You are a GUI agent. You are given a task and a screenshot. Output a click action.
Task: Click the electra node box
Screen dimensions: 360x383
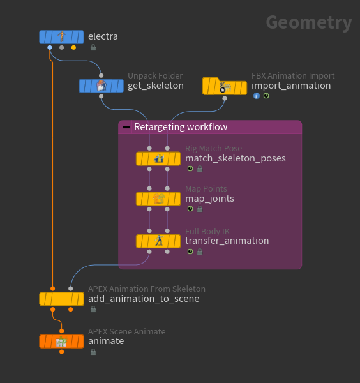pos(61,37)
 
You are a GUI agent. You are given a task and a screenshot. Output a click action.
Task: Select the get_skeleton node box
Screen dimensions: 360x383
pos(101,86)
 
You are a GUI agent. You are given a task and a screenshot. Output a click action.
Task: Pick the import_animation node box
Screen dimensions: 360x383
pos(225,86)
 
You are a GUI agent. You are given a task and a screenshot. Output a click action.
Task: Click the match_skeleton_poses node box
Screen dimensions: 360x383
pos(158,158)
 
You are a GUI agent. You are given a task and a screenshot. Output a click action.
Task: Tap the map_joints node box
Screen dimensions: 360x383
pos(158,199)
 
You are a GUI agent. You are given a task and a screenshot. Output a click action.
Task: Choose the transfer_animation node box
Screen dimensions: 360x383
pos(158,241)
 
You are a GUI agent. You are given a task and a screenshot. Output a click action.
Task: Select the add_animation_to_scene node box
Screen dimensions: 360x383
pos(61,299)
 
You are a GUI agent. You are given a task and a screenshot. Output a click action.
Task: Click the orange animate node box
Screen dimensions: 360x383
pos(61,342)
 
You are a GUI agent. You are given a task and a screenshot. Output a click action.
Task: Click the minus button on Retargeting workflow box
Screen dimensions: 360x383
pos(126,127)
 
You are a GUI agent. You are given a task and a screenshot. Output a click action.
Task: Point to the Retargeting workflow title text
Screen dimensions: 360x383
pos(181,127)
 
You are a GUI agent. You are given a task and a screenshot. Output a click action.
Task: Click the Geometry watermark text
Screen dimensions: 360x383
pos(309,23)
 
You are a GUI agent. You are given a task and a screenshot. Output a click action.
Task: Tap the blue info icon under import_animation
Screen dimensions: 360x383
pos(257,96)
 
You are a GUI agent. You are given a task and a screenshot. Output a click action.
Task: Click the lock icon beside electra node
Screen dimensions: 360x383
pos(93,47)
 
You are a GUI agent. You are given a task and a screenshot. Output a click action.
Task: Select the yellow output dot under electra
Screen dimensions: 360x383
pos(73,48)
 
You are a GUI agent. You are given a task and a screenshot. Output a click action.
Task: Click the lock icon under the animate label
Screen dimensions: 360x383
pos(93,352)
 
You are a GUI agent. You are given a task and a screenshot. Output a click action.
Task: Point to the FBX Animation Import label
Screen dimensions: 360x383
pos(293,76)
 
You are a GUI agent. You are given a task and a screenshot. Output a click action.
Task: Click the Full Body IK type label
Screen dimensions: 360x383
pos(207,231)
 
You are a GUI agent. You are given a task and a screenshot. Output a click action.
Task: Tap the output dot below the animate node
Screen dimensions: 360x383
pos(61,352)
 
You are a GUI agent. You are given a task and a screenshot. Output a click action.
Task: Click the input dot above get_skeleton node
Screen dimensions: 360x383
pos(101,75)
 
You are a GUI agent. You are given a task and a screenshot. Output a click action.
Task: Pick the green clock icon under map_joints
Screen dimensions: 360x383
pos(190,209)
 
